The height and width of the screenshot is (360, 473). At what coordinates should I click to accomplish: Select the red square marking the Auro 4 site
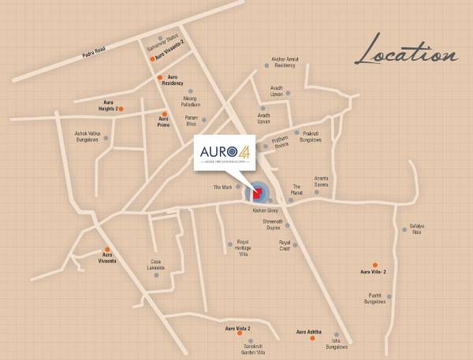coord(257,194)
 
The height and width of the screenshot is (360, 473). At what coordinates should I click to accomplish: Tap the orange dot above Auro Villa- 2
coord(375,265)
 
